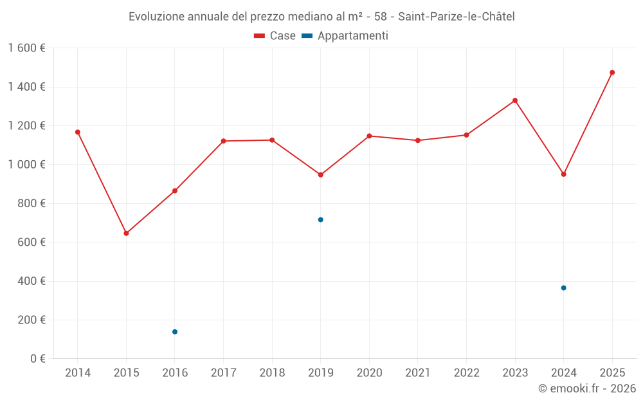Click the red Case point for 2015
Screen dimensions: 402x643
point(126,233)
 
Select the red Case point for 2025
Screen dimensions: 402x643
point(612,73)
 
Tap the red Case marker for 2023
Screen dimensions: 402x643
point(515,100)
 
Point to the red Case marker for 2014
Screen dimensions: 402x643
point(78,132)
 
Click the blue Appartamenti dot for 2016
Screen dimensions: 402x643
point(175,332)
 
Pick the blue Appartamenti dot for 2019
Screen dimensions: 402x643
point(321,220)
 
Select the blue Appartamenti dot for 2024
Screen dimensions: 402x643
point(563,288)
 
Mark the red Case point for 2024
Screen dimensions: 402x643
point(563,174)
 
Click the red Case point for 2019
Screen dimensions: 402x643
point(321,175)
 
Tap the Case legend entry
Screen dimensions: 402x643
point(275,36)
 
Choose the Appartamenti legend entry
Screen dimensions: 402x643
point(345,36)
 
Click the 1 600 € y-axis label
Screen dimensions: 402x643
point(26,48)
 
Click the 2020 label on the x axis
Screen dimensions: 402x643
point(369,373)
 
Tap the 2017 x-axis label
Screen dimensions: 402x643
point(223,373)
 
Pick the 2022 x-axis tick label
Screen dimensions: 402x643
point(466,373)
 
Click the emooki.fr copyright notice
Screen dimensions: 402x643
point(587,388)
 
